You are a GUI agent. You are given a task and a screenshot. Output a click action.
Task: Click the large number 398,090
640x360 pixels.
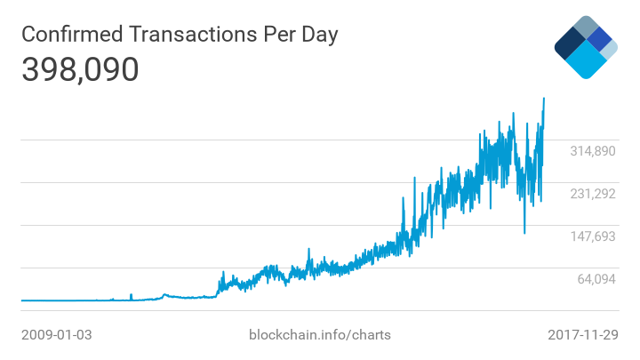80,69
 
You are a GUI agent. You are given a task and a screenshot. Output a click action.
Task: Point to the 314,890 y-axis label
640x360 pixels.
593,151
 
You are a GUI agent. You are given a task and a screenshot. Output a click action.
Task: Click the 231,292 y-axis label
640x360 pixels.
593,194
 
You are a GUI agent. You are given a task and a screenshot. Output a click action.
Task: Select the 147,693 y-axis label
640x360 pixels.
593,236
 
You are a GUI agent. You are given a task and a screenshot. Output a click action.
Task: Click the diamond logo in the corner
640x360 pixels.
585,47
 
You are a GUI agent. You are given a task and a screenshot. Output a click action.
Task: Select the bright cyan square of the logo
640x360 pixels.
585,60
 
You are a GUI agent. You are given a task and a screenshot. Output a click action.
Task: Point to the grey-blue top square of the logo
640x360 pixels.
585,26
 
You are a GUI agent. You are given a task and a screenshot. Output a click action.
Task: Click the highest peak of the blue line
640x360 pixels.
544,99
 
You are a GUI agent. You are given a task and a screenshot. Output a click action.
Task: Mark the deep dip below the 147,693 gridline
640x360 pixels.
524,233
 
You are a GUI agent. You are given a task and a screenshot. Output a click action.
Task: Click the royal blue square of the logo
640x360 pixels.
601,39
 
